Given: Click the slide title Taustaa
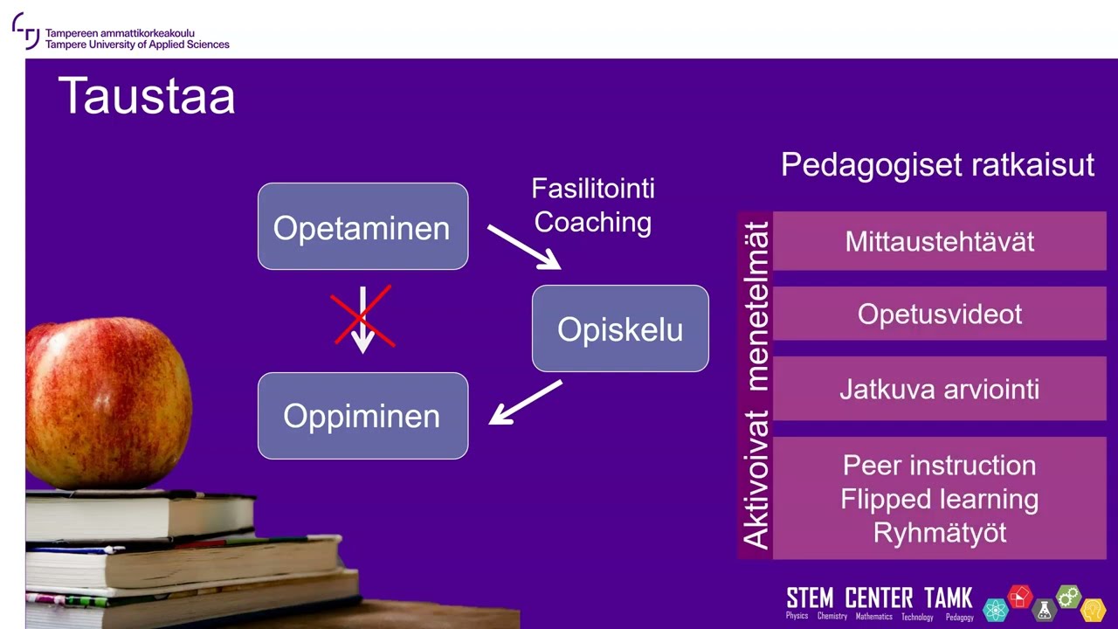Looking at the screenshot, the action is [147, 96].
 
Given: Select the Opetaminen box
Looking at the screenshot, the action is [362, 226].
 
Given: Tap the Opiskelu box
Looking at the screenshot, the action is [620, 328].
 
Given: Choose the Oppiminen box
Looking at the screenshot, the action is [362, 416].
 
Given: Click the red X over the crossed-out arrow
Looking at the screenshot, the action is [362, 315].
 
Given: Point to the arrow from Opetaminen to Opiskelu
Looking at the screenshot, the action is [525, 247].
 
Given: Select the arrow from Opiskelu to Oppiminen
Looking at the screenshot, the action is [525, 403].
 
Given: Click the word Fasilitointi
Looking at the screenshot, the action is [593, 189].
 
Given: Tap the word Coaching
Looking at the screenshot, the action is [593, 222].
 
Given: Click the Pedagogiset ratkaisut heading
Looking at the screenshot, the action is [938, 165].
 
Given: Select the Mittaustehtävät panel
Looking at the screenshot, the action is [939, 241].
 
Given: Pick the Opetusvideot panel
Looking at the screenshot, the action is [939, 314].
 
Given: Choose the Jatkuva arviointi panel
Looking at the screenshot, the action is [939, 389].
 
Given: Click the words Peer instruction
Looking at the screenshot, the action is [939, 466].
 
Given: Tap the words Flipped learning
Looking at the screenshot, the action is [939, 499].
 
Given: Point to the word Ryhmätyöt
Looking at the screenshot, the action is [939, 533].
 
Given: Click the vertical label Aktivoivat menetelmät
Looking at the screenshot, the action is [756, 385].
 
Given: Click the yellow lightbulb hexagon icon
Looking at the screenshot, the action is [1093, 610].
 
